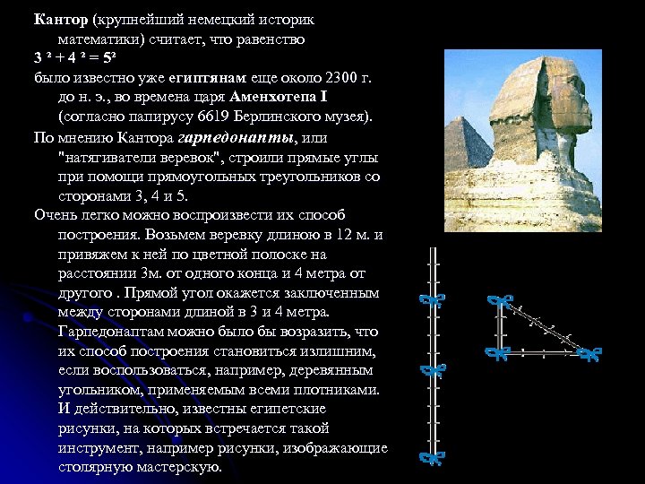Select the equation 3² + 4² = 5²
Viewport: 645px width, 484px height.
pyautogui.click(x=77, y=59)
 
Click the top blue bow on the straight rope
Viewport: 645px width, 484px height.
pyautogui.click(x=434, y=299)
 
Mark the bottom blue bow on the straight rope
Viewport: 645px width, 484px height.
pyautogui.click(x=434, y=458)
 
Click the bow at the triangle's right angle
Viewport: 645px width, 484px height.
pyautogui.click(x=497, y=352)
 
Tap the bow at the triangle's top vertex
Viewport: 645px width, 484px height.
pyautogui.click(x=498, y=302)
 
